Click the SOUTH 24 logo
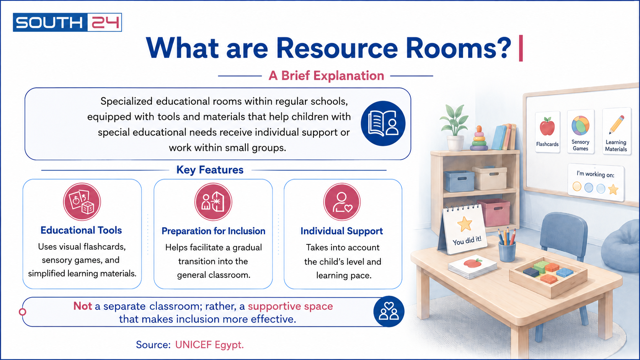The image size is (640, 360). pos(67,22)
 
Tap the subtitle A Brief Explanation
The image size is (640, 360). pos(326,76)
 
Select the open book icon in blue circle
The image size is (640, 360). pos(383,123)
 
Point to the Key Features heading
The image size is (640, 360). pos(210,170)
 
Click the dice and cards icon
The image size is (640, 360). pos(82,202)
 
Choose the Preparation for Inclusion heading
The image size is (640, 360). pos(214,231)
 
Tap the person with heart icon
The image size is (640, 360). pos(342,202)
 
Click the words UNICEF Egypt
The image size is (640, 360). pos(209,345)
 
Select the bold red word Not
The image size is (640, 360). pos(83,306)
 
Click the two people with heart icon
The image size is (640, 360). pos(389,311)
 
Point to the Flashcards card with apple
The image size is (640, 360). pos(547,132)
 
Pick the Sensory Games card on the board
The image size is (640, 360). pos(581,132)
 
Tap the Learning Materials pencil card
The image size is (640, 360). pos(616,132)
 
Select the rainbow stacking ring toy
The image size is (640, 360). pos(479,138)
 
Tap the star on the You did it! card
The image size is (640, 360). pos(465,224)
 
